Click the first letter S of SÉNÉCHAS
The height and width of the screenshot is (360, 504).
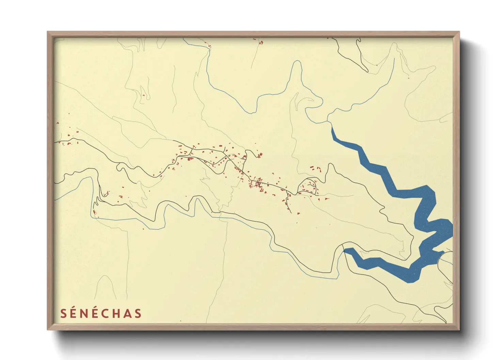pos(63,314)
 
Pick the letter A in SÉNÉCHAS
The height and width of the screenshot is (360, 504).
pos(128,314)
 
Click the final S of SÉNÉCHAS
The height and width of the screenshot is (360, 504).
pos(138,314)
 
